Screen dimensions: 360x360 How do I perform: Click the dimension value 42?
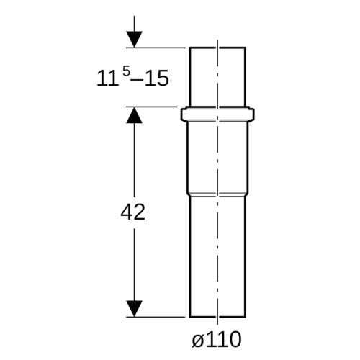click(132, 212)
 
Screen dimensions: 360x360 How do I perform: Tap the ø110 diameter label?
click(217, 339)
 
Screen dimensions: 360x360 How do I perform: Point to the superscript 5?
click(126, 71)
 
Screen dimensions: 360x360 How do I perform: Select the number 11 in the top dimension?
click(108, 78)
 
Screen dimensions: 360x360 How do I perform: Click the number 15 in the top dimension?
click(157, 78)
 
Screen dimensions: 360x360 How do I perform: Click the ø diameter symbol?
click(197, 340)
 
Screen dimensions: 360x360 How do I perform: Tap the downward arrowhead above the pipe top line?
click(134, 39)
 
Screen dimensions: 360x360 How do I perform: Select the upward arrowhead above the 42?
click(134, 115)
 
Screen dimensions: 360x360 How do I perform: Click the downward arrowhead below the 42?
click(134, 309)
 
